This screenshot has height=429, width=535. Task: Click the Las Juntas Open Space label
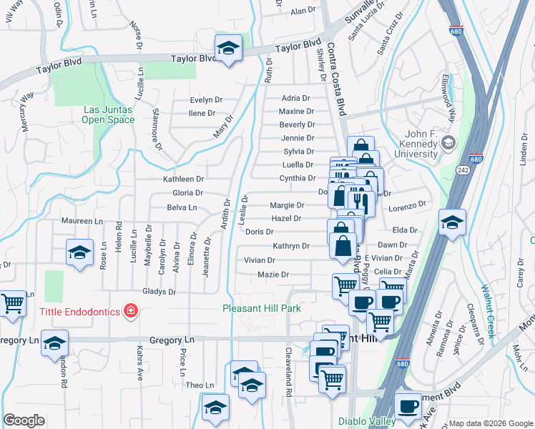point(109,114)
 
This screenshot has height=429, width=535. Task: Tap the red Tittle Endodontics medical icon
point(131,310)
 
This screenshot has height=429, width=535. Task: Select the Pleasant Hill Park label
point(261,308)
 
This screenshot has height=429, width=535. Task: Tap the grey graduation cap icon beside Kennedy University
point(448,142)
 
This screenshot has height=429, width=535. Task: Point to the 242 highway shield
point(463,169)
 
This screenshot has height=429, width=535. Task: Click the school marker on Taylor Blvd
point(228,48)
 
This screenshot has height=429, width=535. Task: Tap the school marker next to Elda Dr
point(452,222)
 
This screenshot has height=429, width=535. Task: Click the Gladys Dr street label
point(159,292)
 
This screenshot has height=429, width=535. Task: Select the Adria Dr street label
point(296,98)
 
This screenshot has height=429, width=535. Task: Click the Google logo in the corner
point(24,420)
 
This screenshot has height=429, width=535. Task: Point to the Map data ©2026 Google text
point(491,423)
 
